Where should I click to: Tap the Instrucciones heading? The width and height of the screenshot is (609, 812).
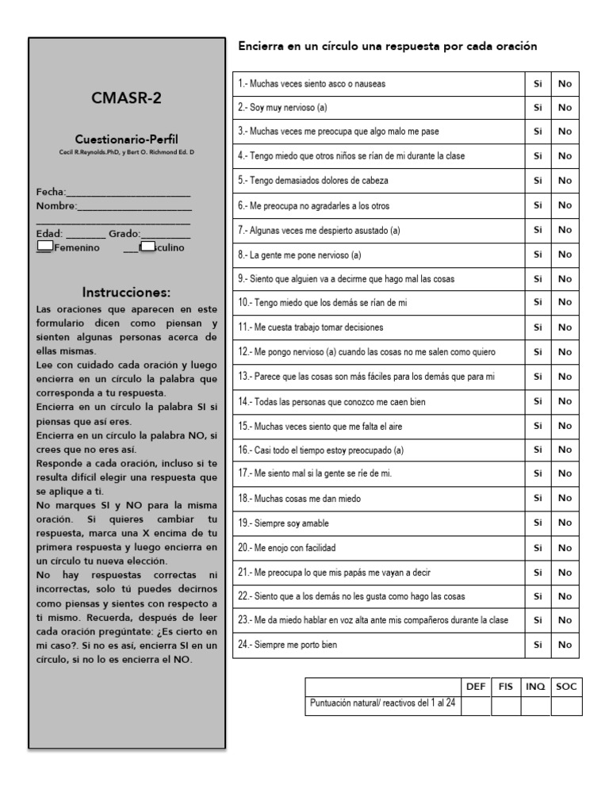click(x=126, y=292)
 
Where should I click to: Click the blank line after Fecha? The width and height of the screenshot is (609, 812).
click(x=129, y=193)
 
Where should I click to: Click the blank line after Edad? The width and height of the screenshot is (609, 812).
click(x=86, y=234)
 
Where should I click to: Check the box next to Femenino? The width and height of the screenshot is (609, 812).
click(x=45, y=246)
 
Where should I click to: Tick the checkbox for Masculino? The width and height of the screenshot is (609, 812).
click(x=147, y=246)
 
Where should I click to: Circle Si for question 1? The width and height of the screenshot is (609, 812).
click(x=538, y=83)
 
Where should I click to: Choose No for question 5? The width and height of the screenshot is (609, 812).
click(x=565, y=181)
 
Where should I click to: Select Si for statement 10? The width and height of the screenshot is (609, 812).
click(x=538, y=303)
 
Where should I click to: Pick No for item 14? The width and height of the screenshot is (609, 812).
click(x=565, y=401)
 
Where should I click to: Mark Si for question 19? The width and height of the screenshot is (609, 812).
click(x=538, y=523)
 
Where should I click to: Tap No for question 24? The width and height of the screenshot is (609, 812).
click(x=565, y=645)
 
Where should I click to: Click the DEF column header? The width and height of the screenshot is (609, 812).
click(x=476, y=687)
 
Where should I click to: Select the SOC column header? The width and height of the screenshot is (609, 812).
click(x=566, y=687)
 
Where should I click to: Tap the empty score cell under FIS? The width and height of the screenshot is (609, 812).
click(x=506, y=706)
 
